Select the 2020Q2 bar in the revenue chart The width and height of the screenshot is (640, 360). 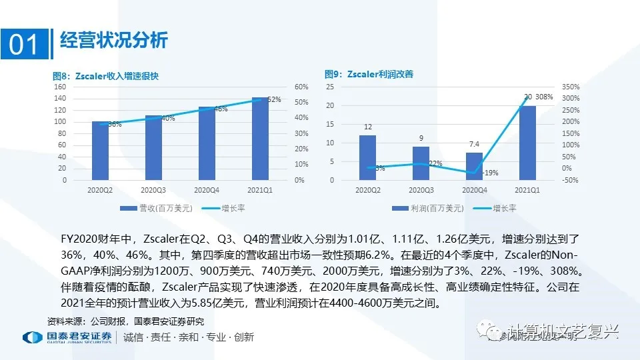[x=100, y=151]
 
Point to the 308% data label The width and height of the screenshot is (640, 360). [x=544, y=97]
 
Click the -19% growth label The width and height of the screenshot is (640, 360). [x=490, y=173]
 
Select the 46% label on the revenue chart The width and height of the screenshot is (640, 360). [x=221, y=109]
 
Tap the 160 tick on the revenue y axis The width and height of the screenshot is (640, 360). [x=60, y=87]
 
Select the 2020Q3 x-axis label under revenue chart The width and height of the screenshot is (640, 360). [x=153, y=190]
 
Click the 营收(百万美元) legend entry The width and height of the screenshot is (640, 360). [x=157, y=208]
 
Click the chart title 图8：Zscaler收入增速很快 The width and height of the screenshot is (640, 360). [x=106, y=75]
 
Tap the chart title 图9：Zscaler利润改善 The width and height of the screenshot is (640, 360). [x=369, y=74]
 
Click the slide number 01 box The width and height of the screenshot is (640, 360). [x=25, y=44]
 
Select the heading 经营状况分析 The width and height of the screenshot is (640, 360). [x=113, y=40]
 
